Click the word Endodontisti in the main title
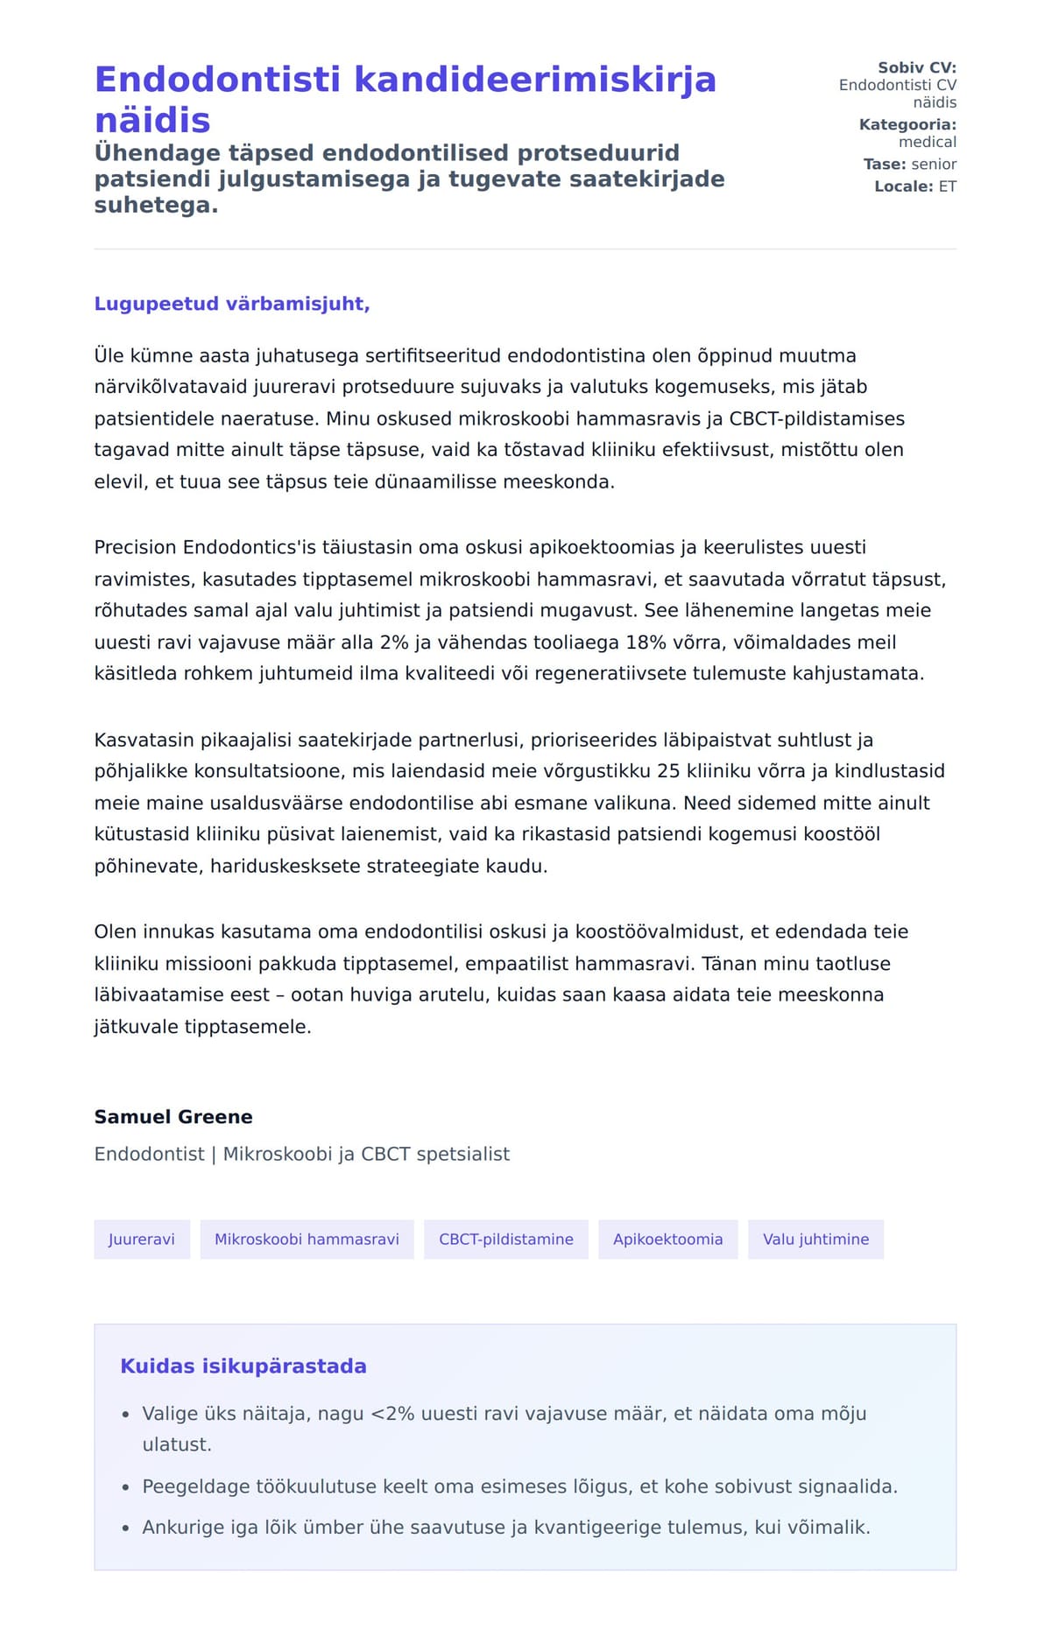[x=217, y=80]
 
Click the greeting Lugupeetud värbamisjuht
[x=232, y=304]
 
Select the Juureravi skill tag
[x=142, y=1240]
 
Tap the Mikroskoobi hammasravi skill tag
[x=307, y=1240]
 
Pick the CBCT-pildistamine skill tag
[x=506, y=1240]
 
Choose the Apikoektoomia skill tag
[x=667, y=1240]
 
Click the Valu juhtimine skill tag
[x=815, y=1240]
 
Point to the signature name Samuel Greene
[x=173, y=1117]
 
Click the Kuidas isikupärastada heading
[x=243, y=1367]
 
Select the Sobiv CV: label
[x=917, y=67]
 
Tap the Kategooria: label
[x=907, y=124]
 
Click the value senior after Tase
[x=934, y=165]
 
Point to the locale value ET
[x=948, y=186]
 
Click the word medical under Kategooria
[x=928, y=142]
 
